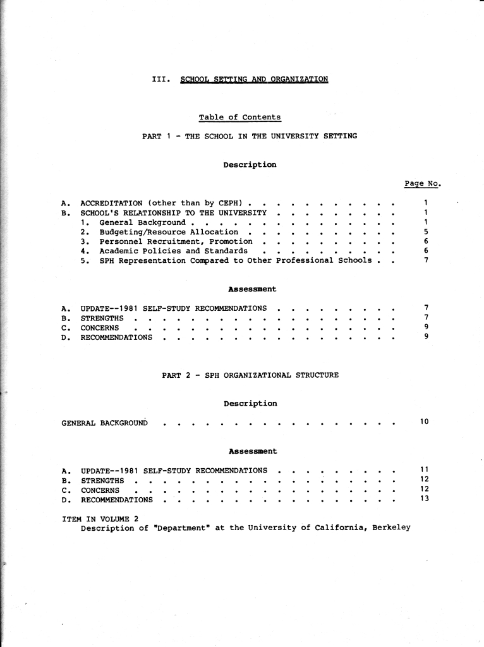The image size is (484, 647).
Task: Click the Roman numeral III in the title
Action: point(160,80)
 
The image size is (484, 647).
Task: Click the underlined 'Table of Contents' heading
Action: point(239,118)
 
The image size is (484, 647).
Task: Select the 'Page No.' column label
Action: point(421,184)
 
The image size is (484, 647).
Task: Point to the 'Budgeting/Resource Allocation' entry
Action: point(169,232)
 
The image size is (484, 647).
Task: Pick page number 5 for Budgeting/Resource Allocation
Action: point(427,232)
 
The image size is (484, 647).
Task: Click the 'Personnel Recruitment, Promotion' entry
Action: point(176,241)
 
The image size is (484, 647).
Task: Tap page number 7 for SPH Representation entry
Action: point(427,260)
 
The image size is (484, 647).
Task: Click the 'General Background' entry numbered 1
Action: point(142,222)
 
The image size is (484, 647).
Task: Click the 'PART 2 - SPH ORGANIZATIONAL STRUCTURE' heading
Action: point(250,375)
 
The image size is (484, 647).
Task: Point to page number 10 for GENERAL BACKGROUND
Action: point(425,421)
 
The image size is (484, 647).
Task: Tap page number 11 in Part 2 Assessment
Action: point(425,470)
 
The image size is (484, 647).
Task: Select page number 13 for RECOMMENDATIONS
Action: point(425,499)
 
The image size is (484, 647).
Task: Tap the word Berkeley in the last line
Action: point(391,528)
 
